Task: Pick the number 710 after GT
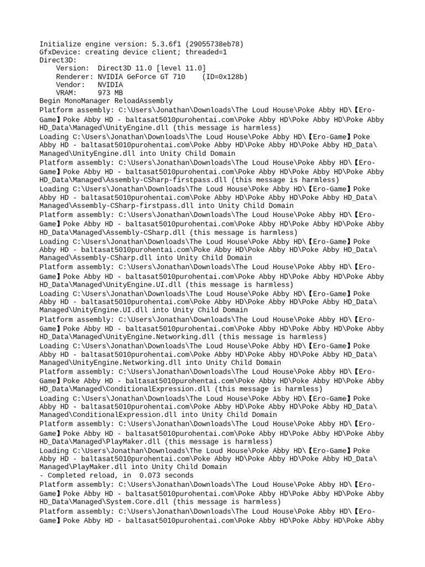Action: pyautogui.click(x=179, y=76)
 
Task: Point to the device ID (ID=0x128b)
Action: pyautogui.click(x=225, y=76)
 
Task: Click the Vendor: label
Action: pyautogui.click(x=71, y=85)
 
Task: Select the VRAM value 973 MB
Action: pyautogui.click(x=110, y=93)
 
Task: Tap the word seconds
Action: pyautogui.click(x=179, y=476)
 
